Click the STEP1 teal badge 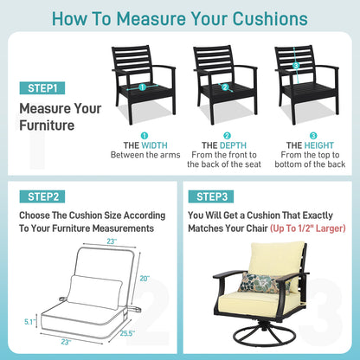[x=42, y=88]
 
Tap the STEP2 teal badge [x=42, y=196]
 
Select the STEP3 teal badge [x=211, y=196]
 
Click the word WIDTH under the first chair [x=155, y=145]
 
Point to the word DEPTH [x=233, y=145]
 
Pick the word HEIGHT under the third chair [x=319, y=145]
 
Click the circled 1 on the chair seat [x=142, y=87]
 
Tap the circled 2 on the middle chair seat [x=225, y=87]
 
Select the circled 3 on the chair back [x=295, y=66]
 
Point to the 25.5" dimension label [x=127, y=333]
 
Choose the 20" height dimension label [x=145, y=279]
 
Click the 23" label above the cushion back [x=112, y=241]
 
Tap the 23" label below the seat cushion [x=66, y=342]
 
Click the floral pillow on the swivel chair [x=261, y=282]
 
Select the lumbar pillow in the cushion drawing [x=94, y=292]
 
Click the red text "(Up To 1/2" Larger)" [x=308, y=228]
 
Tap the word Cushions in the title [x=270, y=19]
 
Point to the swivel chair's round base [x=262, y=337]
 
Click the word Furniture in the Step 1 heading [x=47, y=125]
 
